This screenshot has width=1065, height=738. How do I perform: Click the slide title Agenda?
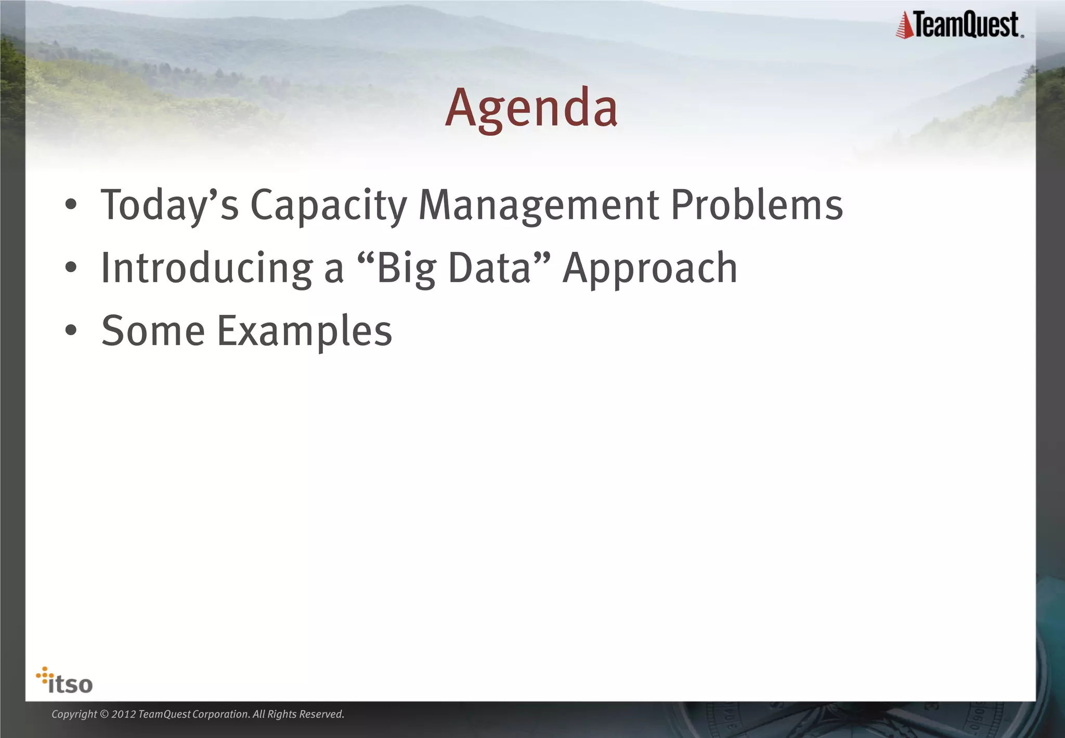click(531, 108)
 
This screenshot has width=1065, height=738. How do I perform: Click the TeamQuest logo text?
click(966, 25)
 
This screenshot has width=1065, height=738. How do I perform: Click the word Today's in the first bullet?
click(170, 206)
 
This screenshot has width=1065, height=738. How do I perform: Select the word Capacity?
click(329, 206)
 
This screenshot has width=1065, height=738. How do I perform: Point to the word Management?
click(538, 206)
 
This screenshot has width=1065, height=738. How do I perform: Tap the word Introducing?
click(206, 269)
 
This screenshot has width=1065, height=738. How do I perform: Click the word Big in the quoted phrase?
click(406, 269)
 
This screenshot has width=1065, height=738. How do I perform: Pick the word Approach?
click(650, 269)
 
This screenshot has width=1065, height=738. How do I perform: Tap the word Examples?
click(304, 332)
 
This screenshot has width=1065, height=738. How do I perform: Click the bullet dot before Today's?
click(71, 206)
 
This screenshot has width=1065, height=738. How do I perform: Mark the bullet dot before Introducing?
click(71, 268)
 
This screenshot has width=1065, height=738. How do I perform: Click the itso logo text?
click(70, 684)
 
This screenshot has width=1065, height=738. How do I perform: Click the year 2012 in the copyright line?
click(123, 715)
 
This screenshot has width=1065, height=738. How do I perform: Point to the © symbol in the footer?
click(104, 715)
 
